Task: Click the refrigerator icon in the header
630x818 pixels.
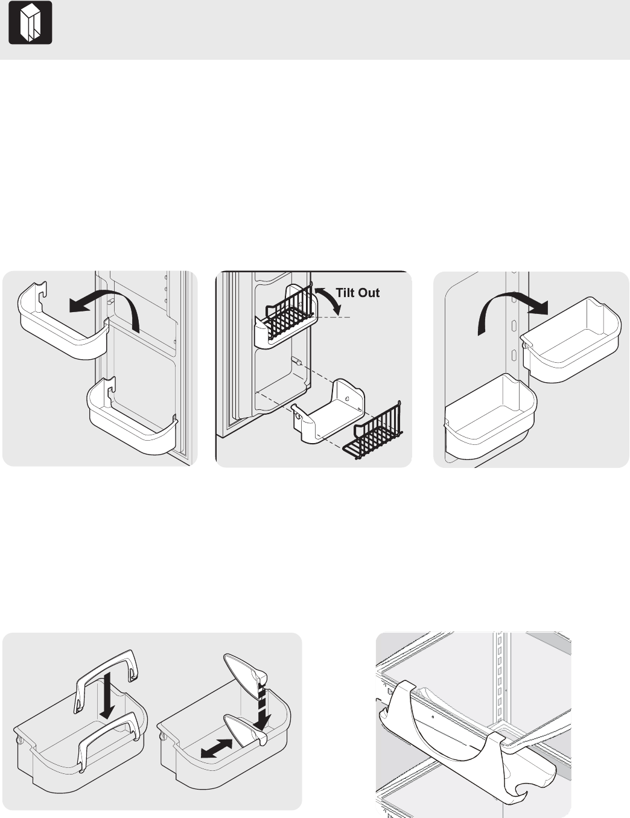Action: [x=30, y=22]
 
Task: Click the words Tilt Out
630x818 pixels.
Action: [x=357, y=293]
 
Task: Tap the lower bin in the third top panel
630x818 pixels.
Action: [x=490, y=416]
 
